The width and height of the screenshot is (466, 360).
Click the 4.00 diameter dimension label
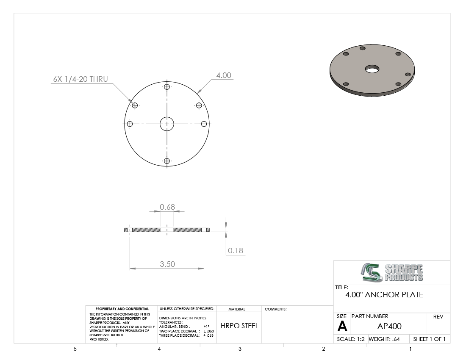coord(224,75)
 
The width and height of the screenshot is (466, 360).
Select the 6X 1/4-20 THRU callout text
coord(80,79)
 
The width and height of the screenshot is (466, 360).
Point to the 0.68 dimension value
coord(167,207)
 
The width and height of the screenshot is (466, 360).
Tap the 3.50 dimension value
coord(167,264)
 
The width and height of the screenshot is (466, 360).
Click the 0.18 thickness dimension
coord(236,250)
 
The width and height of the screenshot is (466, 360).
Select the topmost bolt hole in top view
coord(167,87)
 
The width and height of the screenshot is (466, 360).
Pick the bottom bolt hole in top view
coord(167,161)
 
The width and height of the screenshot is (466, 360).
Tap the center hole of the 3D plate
coord(372,69)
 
